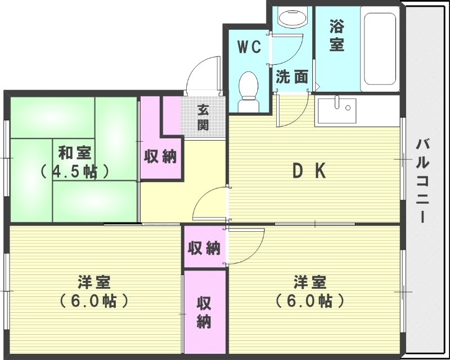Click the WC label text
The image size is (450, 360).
pos(248,48)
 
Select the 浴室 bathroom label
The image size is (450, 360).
pos(336,35)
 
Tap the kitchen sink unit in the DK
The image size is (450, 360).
pos(336,110)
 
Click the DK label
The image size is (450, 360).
pos(308,171)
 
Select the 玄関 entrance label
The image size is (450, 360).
pos(202,118)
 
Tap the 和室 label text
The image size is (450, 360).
pos(75,153)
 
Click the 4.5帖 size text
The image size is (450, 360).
pos(74,171)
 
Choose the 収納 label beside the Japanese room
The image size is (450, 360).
pos(161,156)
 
